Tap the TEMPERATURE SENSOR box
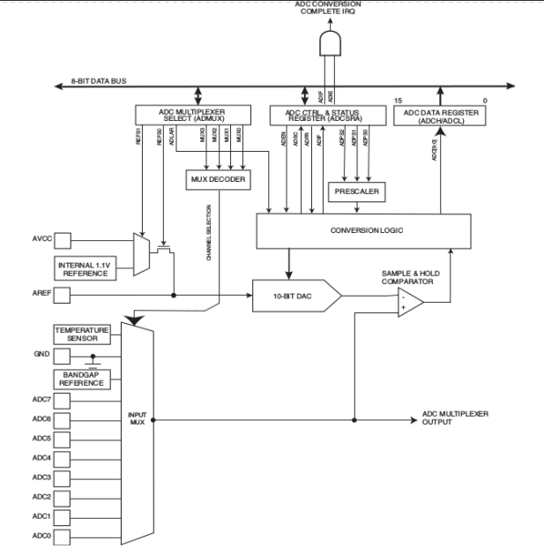[x=81, y=334]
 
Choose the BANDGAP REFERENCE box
[x=81, y=378]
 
